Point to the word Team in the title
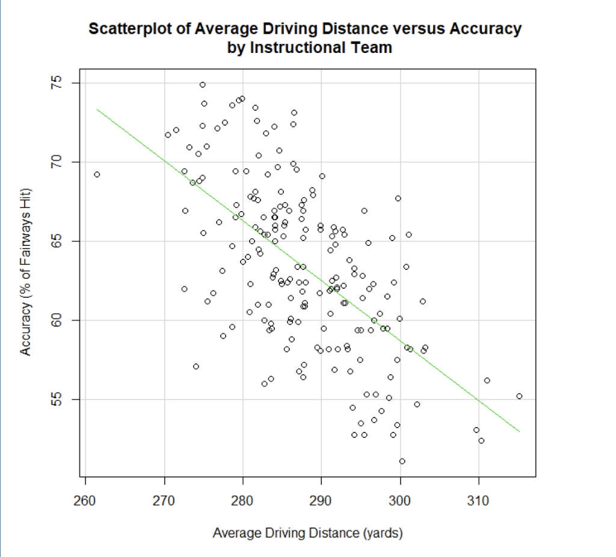[373, 48]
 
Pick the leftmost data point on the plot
[97, 174]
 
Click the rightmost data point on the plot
[519, 396]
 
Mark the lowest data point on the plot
[402, 461]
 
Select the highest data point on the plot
[203, 85]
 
